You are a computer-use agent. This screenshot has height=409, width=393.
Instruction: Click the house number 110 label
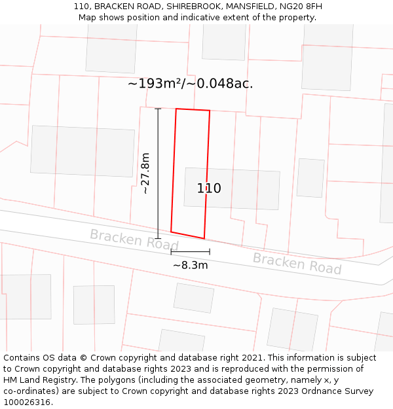(x=209, y=188)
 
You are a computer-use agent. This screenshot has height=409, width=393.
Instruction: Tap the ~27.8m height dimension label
(x=145, y=173)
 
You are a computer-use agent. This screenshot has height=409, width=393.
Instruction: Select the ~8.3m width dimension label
(x=190, y=265)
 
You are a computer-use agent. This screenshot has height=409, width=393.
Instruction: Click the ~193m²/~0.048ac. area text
(x=190, y=84)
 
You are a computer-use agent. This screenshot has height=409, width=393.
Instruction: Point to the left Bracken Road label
(x=134, y=239)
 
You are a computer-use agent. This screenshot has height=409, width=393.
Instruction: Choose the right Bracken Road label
(x=297, y=263)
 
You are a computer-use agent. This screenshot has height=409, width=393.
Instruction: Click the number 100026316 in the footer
(x=27, y=402)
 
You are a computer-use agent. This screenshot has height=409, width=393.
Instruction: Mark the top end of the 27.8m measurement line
(x=158, y=109)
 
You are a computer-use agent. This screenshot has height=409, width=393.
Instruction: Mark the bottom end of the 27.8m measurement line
(x=158, y=238)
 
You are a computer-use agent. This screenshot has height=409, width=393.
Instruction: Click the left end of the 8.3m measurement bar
(x=171, y=251)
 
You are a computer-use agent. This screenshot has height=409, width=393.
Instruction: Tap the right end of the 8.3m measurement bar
(x=210, y=251)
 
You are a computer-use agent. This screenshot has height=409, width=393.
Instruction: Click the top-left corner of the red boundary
(x=176, y=109)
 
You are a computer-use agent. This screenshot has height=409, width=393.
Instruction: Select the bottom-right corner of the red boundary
(x=204, y=239)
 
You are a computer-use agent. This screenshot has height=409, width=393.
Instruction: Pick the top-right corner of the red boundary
(x=210, y=111)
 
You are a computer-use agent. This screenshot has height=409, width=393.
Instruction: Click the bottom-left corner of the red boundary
(x=171, y=232)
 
